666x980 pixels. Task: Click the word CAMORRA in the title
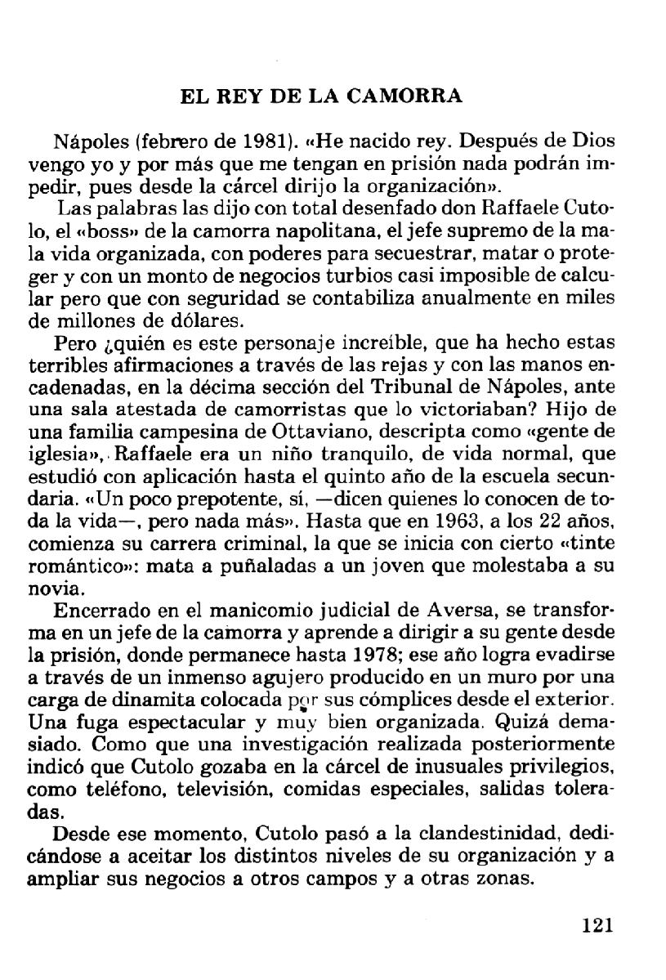click(x=405, y=96)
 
